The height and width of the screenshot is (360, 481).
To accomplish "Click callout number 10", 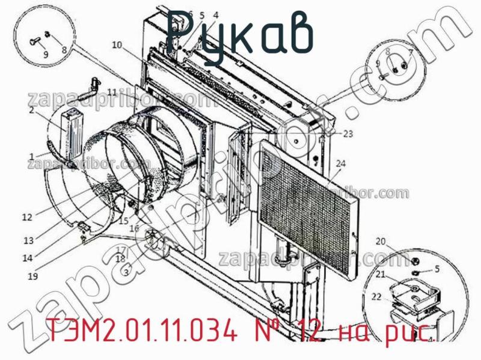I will pos(116,44).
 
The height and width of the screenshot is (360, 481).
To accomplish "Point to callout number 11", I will pos(113,91).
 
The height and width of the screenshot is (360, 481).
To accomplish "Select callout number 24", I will pos(341,163).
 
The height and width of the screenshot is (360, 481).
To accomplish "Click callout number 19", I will pos(32,276).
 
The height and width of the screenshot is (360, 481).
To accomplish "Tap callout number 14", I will pos(29,258).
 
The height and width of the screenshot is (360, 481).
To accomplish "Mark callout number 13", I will pos(29,240).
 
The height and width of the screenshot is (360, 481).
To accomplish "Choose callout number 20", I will pos(380,242).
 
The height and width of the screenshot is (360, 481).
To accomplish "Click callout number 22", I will pos(376,296).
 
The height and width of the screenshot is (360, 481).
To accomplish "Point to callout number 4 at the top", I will pos(215,15).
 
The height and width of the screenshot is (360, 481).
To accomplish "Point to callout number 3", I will pos(126,272).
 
